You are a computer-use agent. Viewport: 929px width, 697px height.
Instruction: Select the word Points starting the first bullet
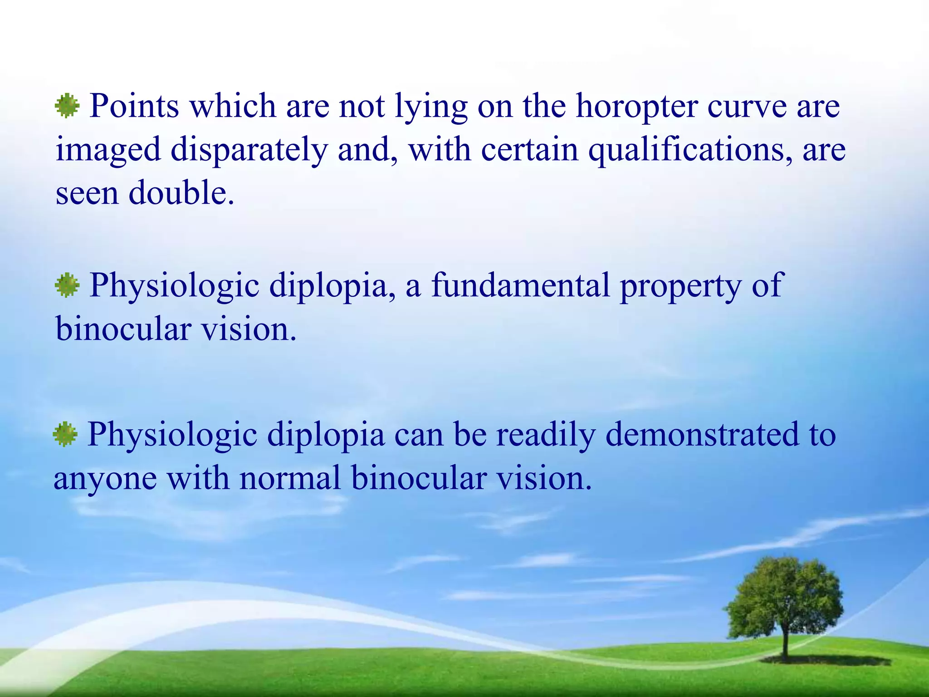point(134,106)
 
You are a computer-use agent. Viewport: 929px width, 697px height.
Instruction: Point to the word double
point(181,193)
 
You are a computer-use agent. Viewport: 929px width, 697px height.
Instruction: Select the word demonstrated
point(702,434)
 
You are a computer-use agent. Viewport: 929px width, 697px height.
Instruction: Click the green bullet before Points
point(67,106)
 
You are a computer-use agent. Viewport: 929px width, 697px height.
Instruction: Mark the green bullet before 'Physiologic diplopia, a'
point(67,285)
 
